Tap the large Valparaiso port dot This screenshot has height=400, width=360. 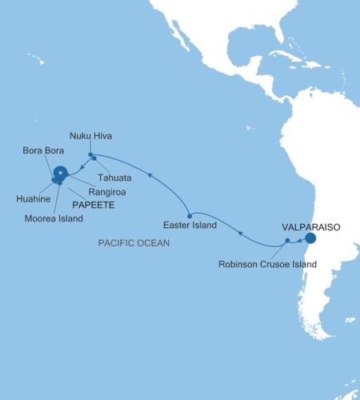[x=310, y=238]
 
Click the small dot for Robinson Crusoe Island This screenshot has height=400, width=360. [x=287, y=240]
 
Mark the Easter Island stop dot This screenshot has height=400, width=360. [x=189, y=216]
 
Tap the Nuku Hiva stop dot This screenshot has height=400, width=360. [x=91, y=154]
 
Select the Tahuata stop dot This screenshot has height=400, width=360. [x=94, y=158]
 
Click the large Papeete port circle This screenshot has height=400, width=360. [x=60, y=172]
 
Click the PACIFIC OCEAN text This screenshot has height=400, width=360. [x=134, y=242]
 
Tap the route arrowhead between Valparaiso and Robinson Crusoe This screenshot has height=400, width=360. [x=299, y=239]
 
